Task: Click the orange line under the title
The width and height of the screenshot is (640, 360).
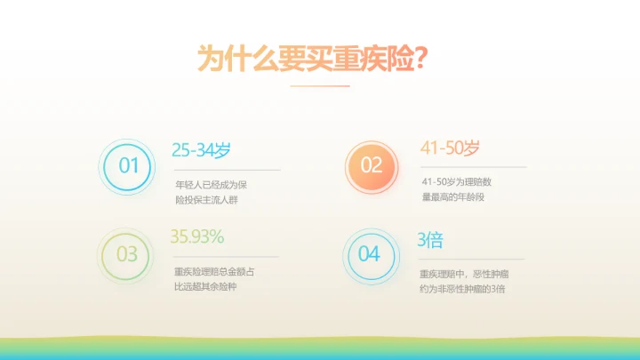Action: click(x=320, y=86)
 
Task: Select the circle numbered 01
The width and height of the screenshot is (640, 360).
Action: click(x=129, y=165)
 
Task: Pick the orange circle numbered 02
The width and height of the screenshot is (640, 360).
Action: click(x=371, y=165)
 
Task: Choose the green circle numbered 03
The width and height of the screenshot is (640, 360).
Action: click(x=127, y=254)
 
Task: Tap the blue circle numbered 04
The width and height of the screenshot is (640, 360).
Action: click(x=369, y=254)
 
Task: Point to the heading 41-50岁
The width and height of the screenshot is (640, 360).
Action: click(x=450, y=148)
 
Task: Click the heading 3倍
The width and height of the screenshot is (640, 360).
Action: click(x=430, y=240)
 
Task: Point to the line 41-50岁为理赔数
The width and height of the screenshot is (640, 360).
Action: click(x=456, y=182)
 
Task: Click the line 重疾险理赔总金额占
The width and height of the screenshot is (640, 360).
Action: click(x=214, y=272)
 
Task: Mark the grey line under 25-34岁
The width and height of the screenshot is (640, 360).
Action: click(x=226, y=169)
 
